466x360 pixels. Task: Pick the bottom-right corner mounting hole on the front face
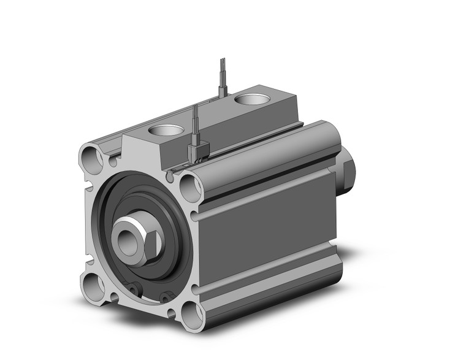[191, 315]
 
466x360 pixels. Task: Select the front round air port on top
[166, 130]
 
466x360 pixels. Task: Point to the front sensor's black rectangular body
[199, 151]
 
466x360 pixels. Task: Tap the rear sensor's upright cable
[222, 74]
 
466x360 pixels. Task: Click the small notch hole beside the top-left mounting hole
[113, 162]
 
